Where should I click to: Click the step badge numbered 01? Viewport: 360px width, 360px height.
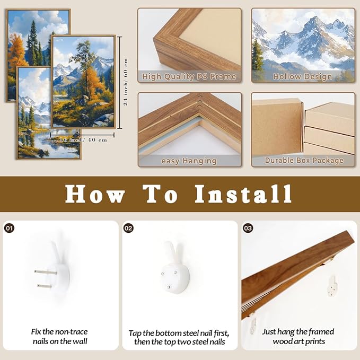[9, 228]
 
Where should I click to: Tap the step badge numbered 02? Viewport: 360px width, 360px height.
[128, 228]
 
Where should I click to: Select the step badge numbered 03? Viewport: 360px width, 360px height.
[248, 228]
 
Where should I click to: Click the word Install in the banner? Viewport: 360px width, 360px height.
[243, 194]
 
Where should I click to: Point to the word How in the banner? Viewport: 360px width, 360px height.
[95, 194]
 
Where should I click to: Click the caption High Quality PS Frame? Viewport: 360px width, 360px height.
[189, 76]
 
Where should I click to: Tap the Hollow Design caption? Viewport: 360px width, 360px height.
[303, 76]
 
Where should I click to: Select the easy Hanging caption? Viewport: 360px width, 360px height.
[189, 161]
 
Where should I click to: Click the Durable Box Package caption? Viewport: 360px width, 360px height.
[304, 160]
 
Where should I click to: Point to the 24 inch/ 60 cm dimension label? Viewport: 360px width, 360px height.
[126, 82]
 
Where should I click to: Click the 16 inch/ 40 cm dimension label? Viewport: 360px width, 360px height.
[83, 139]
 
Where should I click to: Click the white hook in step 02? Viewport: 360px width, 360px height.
[175, 269]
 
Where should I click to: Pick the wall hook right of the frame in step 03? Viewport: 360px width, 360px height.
[332, 286]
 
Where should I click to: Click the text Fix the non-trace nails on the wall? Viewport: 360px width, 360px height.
[59, 336]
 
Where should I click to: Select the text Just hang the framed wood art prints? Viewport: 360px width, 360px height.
[298, 336]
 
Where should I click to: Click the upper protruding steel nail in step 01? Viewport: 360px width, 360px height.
[46, 273]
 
